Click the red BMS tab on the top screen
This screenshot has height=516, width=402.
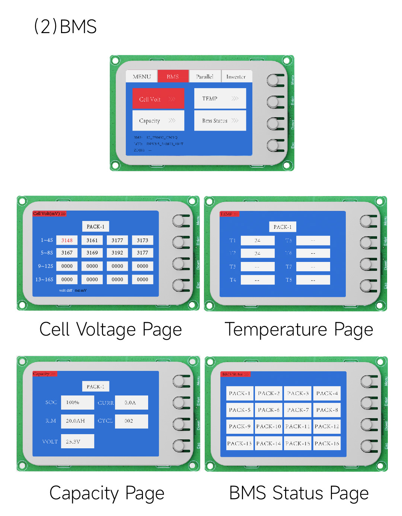click(x=173, y=77)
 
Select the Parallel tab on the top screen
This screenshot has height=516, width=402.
click(x=205, y=77)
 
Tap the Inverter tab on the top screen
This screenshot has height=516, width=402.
click(x=236, y=77)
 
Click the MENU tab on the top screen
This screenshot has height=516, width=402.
click(x=142, y=77)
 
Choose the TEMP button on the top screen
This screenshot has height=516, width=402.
click(x=220, y=99)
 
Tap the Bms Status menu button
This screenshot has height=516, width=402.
click(x=220, y=121)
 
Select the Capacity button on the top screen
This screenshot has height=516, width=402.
click(x=158, y=121)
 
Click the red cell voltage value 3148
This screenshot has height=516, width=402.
click(x=67, y=240)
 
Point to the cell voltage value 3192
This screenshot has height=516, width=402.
click(x=117, y=253)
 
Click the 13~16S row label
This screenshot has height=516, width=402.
click(x=44, y=279)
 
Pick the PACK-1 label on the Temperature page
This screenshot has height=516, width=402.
click(x=283, y=227)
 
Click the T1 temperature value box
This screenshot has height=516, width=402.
click(x=258, y=240)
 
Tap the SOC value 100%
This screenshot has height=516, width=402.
click(x=77, y=402)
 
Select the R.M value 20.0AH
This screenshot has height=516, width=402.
click(x=77, y=421)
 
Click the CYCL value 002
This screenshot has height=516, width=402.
click(x=131, y=421)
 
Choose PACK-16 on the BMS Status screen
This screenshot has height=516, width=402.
click(x=327, y=443)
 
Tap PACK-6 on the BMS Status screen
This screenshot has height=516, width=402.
click(x=269, y=410)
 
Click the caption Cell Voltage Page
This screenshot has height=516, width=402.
click(x=111, y=330)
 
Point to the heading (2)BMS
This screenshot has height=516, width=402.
click(x=66, y=26)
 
